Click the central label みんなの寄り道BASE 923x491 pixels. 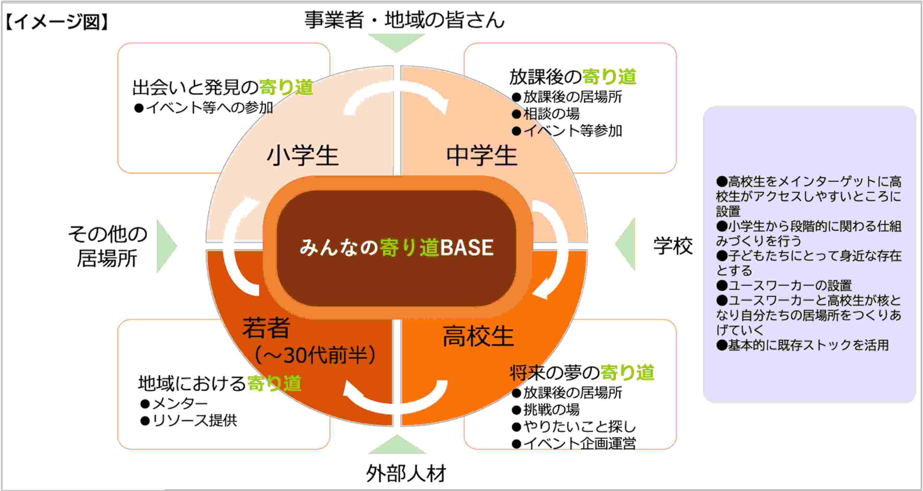click(397, 247)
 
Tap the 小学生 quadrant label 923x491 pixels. click(302, 156)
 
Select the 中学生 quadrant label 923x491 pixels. click(482, 156)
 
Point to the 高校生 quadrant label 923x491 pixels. click(478, 336)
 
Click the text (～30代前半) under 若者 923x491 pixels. click(315, 355)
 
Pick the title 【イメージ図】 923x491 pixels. click(57, 22)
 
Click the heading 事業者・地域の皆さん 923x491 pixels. click(404, 19)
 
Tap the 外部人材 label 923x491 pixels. click(406, 473)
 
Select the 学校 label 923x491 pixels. click(673, 246)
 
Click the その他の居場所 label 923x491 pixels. click(107, 246)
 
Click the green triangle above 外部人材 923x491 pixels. click(397, 444)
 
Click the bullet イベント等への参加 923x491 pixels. click(203, 108)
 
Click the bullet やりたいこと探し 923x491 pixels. click(574, 427)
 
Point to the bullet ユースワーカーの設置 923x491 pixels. click(784, 285)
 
